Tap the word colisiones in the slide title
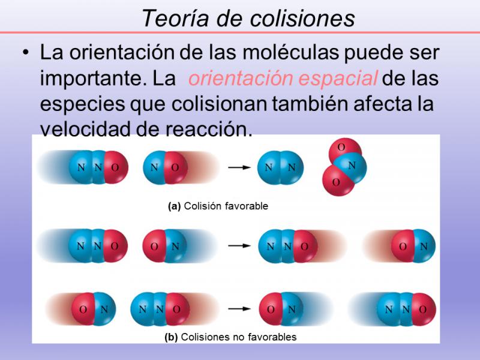(x=302, y=18)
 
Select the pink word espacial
(x=338, y=79)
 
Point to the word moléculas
(x=290, y=52)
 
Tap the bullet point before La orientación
(x=26, y=53)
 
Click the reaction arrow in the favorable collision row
(x=239, y=167)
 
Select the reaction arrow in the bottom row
(x=239, y=308)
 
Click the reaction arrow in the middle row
(x=239, y=245)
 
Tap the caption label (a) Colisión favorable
(x=218, y=206)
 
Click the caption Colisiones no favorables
(x=239, y=337)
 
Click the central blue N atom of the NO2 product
(x=352, y=167)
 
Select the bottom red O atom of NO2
(x=337, y=182)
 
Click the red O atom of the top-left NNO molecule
(x=116, y=167)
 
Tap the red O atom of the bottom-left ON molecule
(x=83, y=308)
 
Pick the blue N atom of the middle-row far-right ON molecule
(x=424, y=246)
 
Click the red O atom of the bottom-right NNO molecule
(x=424, y=309)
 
